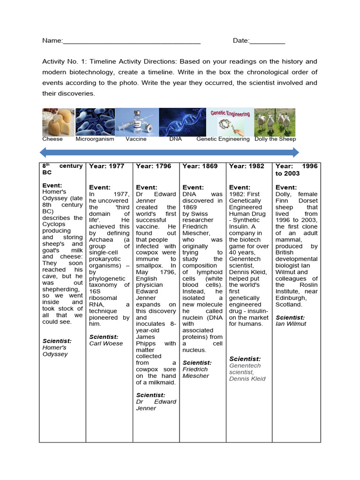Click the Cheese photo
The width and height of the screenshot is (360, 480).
(x=58, y=122)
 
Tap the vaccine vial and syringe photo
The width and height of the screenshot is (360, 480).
(x=137, y=122)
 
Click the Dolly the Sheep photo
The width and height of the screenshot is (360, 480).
(x=275, y=122)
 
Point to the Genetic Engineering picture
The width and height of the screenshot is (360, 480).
(x=230, y=122)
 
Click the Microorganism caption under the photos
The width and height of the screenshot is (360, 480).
(x=94, y=139)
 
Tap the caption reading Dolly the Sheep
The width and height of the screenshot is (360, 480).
(x=275, y=139)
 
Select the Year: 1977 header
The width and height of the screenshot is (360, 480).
(x=107, y=166)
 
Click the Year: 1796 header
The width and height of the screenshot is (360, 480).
(x=153, y=166)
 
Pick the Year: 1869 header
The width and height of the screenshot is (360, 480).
(x=200, y=166)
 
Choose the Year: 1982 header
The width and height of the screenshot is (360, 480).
(x=247, y=166)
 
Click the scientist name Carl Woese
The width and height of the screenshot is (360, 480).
(x=106, y=344)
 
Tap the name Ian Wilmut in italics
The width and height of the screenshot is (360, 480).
(x=291, y=324)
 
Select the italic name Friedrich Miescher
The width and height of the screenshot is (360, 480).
(x=196, y=373)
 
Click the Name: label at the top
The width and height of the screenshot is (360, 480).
(x=52, y=41)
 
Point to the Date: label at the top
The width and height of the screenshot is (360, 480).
(x=241, y=41)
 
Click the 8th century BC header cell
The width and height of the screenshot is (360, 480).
(x=62, y=170)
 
